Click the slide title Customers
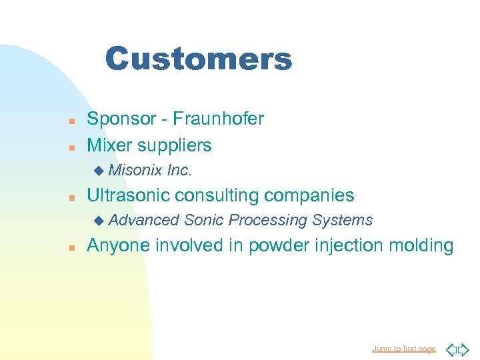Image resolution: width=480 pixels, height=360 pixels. [x=198, y=59]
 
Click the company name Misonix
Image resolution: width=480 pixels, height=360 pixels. [x=135, y=171]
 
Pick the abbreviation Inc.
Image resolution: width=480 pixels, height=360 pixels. [x=179, y=171]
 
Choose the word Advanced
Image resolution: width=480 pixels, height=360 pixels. [x=144, y=220]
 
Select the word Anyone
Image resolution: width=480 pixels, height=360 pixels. [x=119, y=246]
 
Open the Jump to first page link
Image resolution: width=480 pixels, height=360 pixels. [x=404, y=349]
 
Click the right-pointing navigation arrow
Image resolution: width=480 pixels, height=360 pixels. [x=465, y=349]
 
